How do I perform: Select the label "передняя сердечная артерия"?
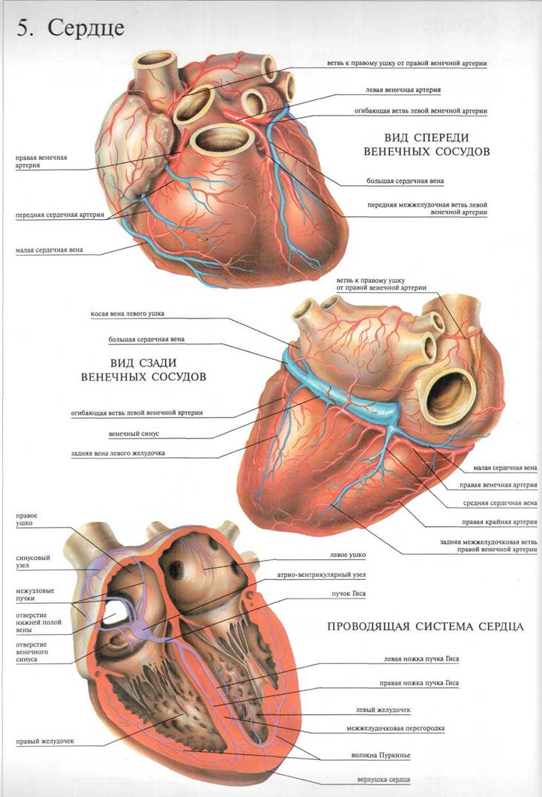59,216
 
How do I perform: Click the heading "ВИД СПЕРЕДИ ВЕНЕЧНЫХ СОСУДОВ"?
427,144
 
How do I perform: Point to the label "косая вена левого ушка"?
127,313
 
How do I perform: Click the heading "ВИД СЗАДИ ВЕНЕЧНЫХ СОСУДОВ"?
153,370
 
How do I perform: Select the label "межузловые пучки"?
32,595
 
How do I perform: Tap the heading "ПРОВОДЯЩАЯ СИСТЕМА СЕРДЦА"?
426,627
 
